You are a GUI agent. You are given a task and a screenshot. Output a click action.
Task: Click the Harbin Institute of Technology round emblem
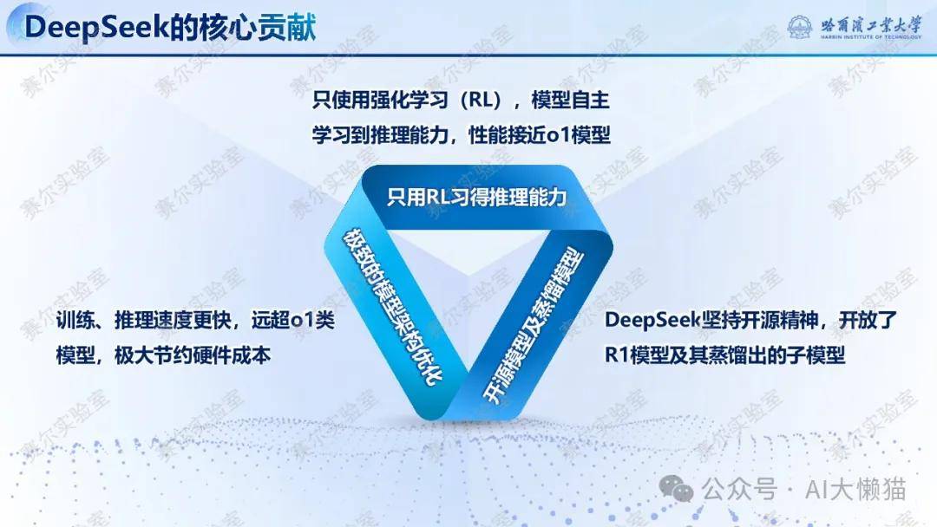[x=800, y=28]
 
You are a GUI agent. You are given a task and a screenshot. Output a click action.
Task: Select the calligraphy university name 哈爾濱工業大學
[x=871, y=25]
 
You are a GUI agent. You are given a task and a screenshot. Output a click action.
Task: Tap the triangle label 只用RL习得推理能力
[x=476, y=197]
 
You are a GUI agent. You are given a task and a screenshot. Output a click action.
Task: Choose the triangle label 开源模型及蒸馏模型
[x=533, y=325]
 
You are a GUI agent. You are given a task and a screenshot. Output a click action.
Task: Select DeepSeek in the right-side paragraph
[x=652, y=321]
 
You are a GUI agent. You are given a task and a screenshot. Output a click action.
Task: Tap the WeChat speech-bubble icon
[x=676, y=489]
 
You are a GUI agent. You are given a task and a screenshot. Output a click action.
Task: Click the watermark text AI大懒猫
[x=855, y=490]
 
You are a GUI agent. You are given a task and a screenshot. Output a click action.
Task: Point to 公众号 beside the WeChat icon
[x=740, y=490]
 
